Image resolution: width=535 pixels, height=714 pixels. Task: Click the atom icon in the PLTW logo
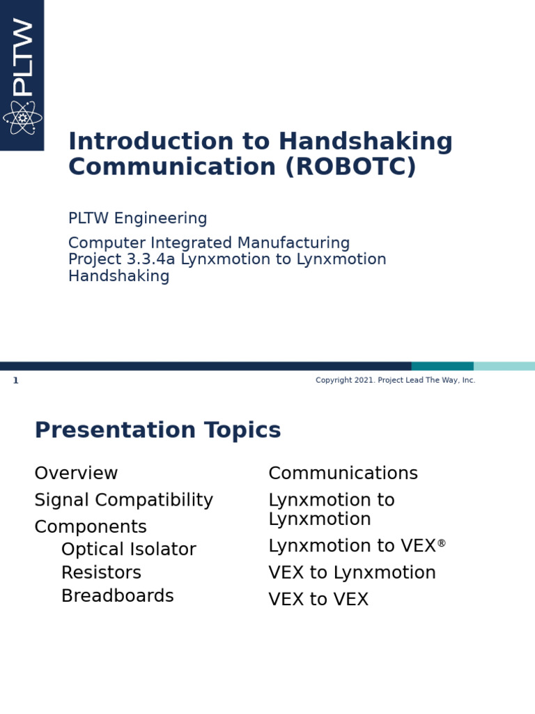(22, 118)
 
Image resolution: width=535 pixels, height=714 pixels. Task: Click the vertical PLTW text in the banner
(22, 57)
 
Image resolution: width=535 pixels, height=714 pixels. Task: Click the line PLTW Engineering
(137, 219)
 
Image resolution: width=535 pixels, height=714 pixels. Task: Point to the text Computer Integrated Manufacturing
(208, 243)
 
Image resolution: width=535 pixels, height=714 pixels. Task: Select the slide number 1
(15, 381)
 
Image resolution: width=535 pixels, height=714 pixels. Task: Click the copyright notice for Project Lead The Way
(395, 381)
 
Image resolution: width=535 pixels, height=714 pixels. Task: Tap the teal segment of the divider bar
(442, 366)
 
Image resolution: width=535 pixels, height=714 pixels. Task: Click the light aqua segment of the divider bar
(504, 366)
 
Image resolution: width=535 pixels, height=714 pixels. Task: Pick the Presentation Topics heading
(157, 431)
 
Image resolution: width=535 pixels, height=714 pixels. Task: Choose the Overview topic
(76, 473)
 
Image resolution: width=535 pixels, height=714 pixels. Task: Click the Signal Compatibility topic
(123, 501)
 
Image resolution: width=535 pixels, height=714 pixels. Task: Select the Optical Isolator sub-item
(128, 549)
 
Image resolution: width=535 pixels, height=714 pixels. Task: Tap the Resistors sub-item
(101, 573)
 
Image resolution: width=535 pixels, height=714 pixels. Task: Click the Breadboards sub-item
(117, 596)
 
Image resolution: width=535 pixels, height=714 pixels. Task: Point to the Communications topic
(343, 473)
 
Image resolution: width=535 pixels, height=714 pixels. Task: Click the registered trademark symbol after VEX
(442, 543)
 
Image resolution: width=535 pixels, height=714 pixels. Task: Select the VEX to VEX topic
(318, 600)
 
